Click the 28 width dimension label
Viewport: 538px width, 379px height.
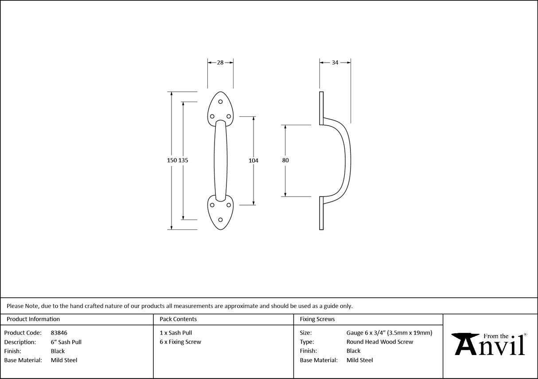[220, 63]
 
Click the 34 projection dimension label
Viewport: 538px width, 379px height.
[335, 63]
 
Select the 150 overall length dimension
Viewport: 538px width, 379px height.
[172, 160]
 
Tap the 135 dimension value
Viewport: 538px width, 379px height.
[183, 160]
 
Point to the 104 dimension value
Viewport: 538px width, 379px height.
[253, 161]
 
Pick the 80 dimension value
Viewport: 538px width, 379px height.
[285, 161]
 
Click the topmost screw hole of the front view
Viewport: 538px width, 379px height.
[220, 102]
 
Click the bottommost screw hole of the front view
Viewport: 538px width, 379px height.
[220, 219]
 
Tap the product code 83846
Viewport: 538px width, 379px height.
[59, 332]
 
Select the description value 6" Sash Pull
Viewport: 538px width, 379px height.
[66, 342]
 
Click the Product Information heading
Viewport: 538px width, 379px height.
[33, 319]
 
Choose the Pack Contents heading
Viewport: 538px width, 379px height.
[178, 319]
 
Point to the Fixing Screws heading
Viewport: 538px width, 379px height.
[317, 319]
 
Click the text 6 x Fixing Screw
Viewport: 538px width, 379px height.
[180, 342]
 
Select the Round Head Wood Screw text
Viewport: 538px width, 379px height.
[380, 342]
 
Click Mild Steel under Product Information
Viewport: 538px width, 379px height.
[64, 360]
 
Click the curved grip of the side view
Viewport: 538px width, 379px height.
[348, 160]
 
